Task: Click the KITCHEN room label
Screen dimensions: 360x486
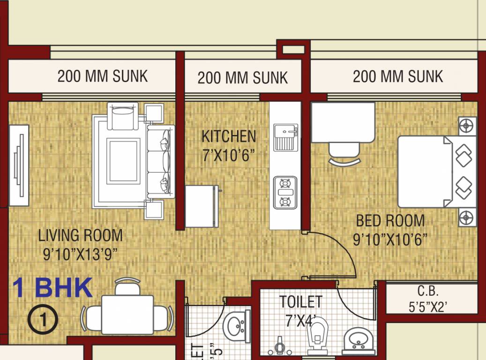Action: tap(229, 136)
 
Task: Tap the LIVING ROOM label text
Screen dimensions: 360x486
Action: tap(80, 235)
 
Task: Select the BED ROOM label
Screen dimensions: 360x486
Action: tap(390, 220)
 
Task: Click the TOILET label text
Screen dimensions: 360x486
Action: tap(300, 301)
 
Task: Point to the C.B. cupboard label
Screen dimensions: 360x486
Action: tap(428, 291)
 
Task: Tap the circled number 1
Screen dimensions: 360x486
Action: tap(43, 320)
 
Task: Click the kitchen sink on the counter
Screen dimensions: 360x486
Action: tap(285, 137)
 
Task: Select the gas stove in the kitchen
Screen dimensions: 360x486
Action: tap(285, 192)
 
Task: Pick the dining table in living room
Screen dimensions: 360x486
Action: tap(127, 314)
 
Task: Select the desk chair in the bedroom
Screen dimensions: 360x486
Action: tap(344, 153)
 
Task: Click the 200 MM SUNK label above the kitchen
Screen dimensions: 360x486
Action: tap(242, 77)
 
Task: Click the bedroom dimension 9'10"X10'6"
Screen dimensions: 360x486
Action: tap(390, 240)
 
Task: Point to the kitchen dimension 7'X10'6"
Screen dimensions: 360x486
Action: tap(229, 155)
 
